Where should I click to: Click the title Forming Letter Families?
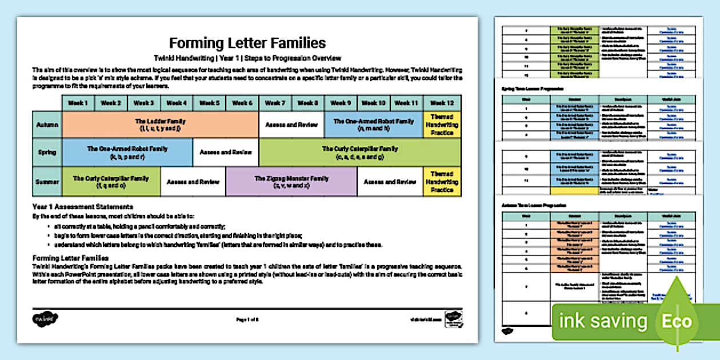tap(247, 43)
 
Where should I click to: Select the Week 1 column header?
tap(78, 103)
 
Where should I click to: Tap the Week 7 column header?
tap(275, 103)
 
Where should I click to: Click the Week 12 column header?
tap(442, 103)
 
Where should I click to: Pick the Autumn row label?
tap(47, 125)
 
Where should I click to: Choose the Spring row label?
tap(47, 153)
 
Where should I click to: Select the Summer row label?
tap(47, 182)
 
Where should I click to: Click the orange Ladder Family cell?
tap(160, 125)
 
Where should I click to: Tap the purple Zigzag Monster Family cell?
tap(291, 182)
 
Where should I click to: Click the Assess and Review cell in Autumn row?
tap(291, 125)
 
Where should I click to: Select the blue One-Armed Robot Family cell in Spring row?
tap(127, 153)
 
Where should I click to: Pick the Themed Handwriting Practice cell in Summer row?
tap(442, 182)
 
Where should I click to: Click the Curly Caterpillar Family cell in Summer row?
tap(111, 182)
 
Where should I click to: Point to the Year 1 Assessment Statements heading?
tap(83, 206)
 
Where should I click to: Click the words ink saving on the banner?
tap(603, 321)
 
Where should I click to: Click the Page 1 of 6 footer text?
tap(247, 320)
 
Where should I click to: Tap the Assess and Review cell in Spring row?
tap(226, 153)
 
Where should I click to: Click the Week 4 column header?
tap(177, 103)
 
